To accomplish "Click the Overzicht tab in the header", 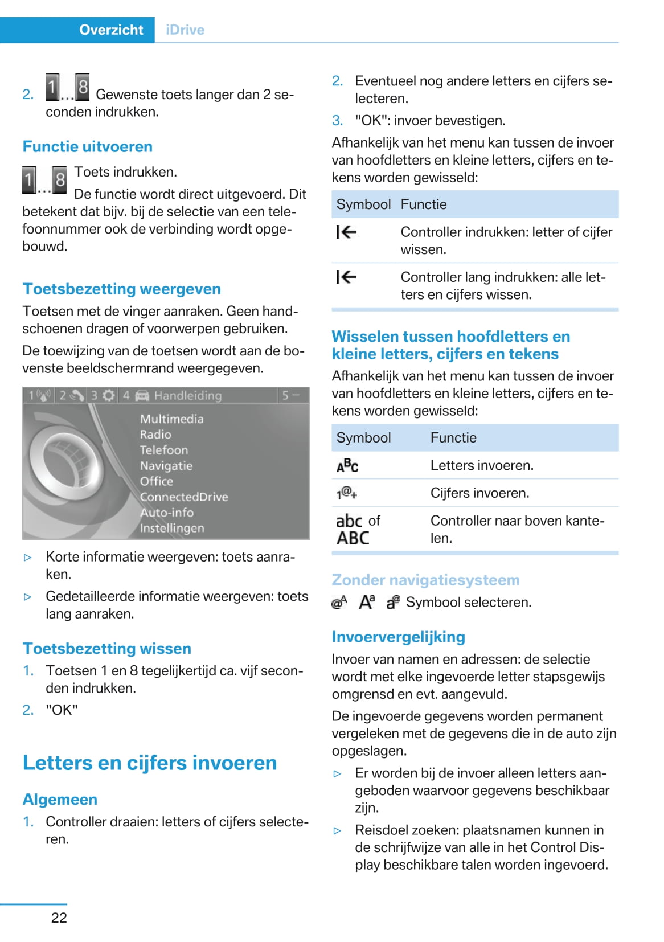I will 111,30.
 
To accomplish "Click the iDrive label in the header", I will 185,30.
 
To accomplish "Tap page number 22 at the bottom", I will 59,918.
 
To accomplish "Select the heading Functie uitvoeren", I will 88,146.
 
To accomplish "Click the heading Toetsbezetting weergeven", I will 122,289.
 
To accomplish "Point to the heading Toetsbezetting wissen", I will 107,648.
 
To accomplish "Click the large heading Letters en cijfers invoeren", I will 150,763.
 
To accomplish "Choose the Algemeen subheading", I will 60,799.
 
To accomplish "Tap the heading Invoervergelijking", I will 399,637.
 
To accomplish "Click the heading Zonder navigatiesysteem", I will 426,580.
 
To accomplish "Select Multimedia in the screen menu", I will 172,419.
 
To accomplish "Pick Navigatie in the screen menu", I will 166,465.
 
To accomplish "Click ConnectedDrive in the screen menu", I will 184,497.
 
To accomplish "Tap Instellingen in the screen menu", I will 172,528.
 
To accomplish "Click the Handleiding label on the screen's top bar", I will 188,395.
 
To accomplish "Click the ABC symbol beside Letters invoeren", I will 347,466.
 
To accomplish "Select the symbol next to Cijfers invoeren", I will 347,493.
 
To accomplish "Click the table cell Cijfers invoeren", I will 480,493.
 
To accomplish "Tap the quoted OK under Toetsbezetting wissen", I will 62,710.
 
